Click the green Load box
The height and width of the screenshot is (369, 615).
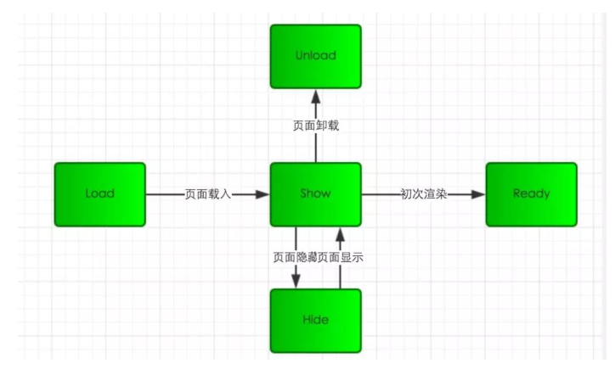pyautogui.click(x=99, y=194)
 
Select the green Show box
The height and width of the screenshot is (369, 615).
pyautogui.click(x=315, y=194)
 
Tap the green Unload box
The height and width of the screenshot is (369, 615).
pyautogui.click(x=315, y=56)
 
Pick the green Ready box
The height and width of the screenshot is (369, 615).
pyautogui.click(x=531, y=194)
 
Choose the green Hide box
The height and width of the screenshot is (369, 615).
pyautogui.click(x=315, y=321)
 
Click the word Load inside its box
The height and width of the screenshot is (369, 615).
pyautogui.click(x=99, y=194)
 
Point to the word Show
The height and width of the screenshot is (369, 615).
pyautogui.click(x=315, y=194)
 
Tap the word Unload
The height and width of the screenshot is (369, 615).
pyautogui.click(x=315, y=56)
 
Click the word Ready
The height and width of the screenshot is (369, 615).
pyautogui.click(x=531, y=194)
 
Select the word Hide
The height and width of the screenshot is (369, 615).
pyautogui.click(x=315, y=321)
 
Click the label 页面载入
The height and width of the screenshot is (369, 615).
pyautogui.click(x=207, y=194)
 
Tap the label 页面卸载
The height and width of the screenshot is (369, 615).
pyautogui.click(x=315, y=126)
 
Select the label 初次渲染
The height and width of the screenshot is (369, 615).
pyautogui.click(x=423, y=194)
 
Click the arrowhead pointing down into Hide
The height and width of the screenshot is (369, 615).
pyautogui.click(x=295, y=281)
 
